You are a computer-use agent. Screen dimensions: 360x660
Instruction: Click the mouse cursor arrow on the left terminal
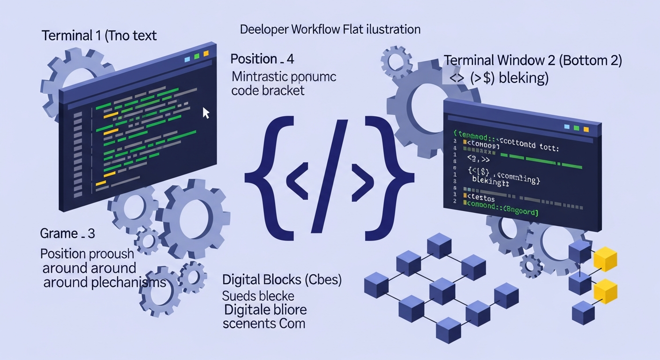pos(205,113)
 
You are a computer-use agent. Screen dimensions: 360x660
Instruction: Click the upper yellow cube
pos(605,259)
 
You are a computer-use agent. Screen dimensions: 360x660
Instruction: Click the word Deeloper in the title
pos(264,30)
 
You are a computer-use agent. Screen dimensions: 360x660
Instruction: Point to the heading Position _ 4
pos(262,60)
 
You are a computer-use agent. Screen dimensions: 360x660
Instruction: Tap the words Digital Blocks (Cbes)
pos(282,280)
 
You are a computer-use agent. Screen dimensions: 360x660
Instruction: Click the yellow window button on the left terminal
pos(206,54)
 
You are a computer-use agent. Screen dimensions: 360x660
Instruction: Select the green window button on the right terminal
pos(577,127)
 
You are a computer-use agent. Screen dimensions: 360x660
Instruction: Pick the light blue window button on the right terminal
pos(567,127)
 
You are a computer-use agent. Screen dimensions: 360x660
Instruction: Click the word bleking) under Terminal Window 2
pos(524,78)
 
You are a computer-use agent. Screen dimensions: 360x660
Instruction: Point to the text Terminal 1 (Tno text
pos(99,36)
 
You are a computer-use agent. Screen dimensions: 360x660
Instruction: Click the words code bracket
pos(268,90)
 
